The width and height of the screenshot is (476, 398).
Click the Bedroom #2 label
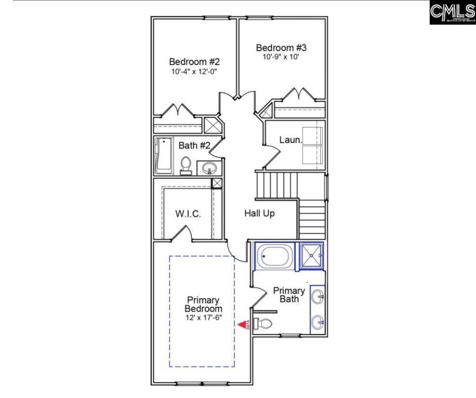194,61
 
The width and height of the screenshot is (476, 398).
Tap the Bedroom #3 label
281,47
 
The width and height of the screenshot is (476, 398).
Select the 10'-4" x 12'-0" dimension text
194,72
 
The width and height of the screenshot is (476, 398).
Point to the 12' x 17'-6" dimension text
204,318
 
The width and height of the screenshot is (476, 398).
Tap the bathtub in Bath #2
163,155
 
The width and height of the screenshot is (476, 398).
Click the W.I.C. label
188,214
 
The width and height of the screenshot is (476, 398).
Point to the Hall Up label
259,214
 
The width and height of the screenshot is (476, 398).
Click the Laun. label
291,140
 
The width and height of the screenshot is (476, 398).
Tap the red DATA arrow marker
243,324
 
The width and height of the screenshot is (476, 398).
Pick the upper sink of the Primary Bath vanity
317,295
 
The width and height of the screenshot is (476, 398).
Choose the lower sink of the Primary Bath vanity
317,322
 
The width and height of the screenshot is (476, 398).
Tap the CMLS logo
452,12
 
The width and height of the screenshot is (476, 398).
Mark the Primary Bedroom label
203,304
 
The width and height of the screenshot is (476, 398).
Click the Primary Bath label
289,295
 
